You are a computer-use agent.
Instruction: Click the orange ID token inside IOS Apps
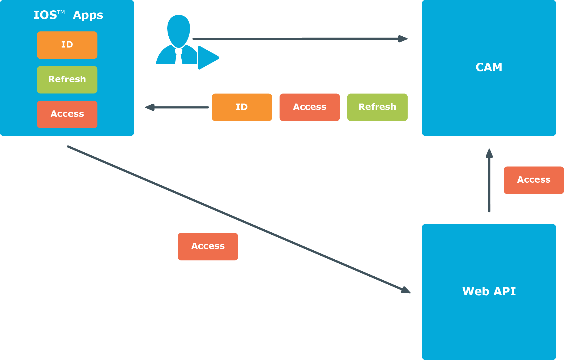coord(67,45)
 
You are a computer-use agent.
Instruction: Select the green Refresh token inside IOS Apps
coord(67,80)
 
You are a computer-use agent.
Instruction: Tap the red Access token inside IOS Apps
coord(67,114)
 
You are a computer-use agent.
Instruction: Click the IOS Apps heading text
coord(68,15)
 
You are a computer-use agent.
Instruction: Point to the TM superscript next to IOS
coord(61,12)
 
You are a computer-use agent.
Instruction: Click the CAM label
coord(489,67)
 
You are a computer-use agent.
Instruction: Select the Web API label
coord(489,291)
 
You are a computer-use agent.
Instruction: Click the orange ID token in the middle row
coord(242,107)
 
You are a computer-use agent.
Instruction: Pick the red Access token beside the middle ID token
coord(310,107)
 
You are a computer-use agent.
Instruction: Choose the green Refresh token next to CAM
coord(377,107)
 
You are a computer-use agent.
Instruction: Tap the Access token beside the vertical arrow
coord(534,180)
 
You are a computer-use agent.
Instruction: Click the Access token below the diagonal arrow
coord(208,247)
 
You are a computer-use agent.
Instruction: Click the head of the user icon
coord(179,31)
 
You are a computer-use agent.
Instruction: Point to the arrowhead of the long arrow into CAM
coord(403,39)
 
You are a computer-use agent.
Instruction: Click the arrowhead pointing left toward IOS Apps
coord(150,107)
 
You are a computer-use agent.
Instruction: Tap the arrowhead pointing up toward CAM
coord(489,153)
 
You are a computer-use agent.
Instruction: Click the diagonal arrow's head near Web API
coord(406,290)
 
